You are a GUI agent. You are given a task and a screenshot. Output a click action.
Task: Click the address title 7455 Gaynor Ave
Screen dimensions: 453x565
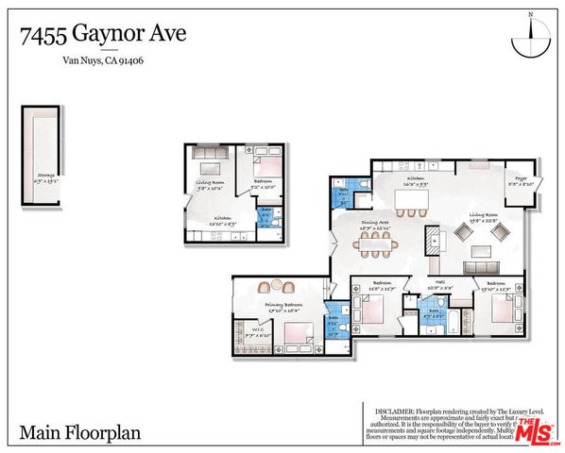(x=103, y=35)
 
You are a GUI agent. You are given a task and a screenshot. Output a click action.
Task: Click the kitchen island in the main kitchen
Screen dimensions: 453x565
(x=417, y=201)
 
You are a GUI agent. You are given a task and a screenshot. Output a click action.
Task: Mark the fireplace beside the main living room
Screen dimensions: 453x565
(x=433, y=237)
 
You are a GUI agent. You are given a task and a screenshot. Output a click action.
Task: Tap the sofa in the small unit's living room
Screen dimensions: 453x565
(x=210, y=154)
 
